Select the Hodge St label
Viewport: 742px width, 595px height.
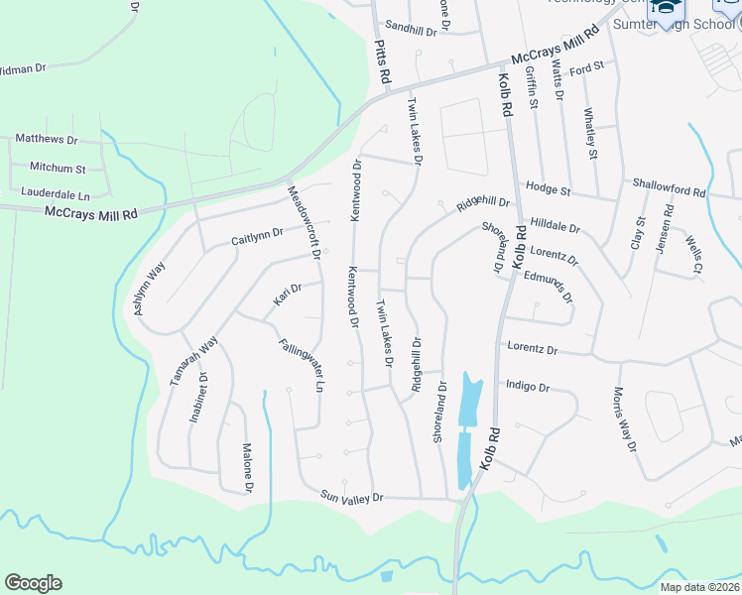point(548,188)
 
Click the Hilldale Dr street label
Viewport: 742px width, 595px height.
point(555,226)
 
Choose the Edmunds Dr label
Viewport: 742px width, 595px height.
point(549,286)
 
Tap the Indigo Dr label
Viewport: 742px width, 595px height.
point(527,386)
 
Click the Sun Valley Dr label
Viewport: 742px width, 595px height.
point(351,495)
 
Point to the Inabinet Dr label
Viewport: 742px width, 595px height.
point(198,398)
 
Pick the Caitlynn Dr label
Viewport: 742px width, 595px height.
point(257,237)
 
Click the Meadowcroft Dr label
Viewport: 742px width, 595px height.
point(304,223)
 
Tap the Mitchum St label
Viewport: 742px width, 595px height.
point(58,169)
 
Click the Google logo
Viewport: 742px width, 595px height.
point(33,583)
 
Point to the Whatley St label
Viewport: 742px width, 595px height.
point(591,134)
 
